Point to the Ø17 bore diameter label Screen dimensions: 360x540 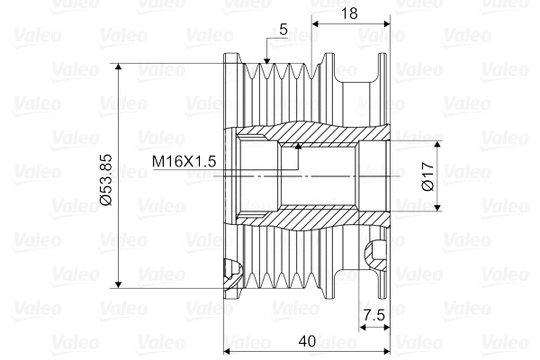[x=428, y=175]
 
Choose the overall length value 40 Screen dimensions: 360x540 [x=306, y=341]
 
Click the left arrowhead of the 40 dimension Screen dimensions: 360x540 [x=229, y=350]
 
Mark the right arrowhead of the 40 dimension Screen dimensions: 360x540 [x=388, y=350]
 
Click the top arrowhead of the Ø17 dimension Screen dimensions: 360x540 [x=439, y=145]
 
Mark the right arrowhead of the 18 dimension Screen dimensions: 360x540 [x=388, y=21]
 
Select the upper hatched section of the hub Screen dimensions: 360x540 [x=310, y=135]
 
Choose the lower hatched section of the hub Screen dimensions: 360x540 [x=310, y=216]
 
